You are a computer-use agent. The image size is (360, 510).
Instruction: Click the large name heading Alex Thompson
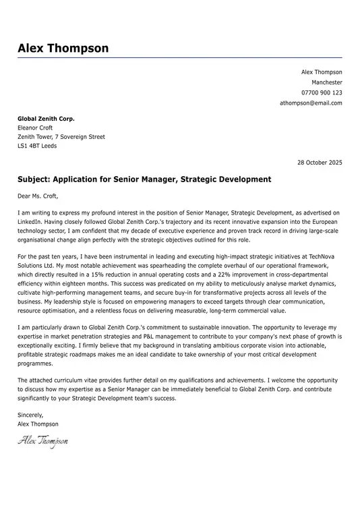pos(63,48)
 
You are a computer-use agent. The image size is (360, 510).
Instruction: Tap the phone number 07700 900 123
pos(322,92)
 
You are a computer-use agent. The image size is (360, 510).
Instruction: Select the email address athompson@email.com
pos(311,103)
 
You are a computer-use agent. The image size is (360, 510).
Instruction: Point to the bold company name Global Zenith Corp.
pos(46,119)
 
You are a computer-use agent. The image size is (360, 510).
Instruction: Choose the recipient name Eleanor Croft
pos(35,128)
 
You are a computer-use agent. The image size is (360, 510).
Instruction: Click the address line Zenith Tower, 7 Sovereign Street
pos(61,137)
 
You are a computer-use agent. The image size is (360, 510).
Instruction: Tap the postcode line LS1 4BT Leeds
pos(37,146)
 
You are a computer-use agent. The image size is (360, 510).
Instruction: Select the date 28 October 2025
pos(320,163)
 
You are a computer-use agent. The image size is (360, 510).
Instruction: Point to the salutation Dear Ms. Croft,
pos(38,196)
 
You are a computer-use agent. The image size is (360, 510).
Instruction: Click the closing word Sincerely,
pos(30,415)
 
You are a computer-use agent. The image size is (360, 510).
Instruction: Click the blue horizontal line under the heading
pos(180,58)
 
